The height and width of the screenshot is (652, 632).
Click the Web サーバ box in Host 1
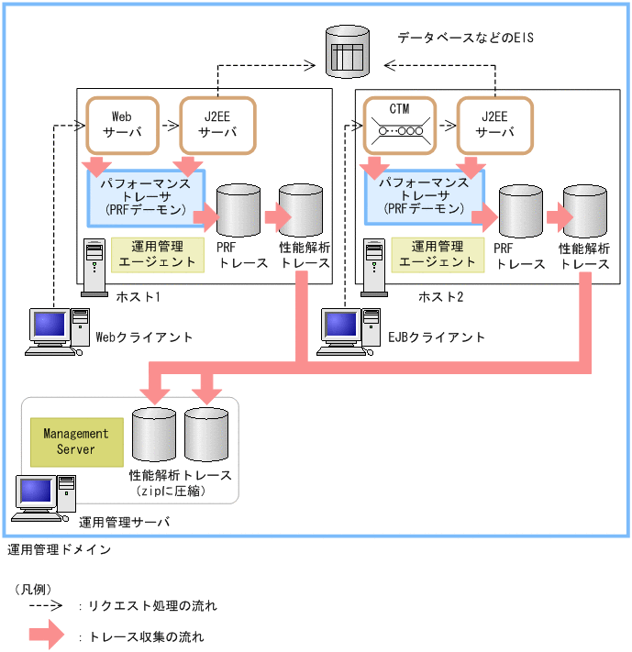pyautogui.click(x=121, y=125)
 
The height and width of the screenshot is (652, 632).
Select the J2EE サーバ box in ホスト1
pyautogui.click(x=216, y=125)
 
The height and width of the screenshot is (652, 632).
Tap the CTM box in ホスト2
pyautogui.click(x=399, y=125)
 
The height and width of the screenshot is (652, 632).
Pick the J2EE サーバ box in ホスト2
pyautogui.click(x=494, y=125)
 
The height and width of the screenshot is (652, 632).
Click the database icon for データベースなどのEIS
pyautogui.click(x=348, y=52)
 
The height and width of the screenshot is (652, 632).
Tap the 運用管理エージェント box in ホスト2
pyautogui.click(x=433, y=254)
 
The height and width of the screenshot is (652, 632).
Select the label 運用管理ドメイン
pyautogui.click(x=60, y=550)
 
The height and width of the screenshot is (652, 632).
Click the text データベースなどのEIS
pyautogui.click(x=465, y=39)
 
